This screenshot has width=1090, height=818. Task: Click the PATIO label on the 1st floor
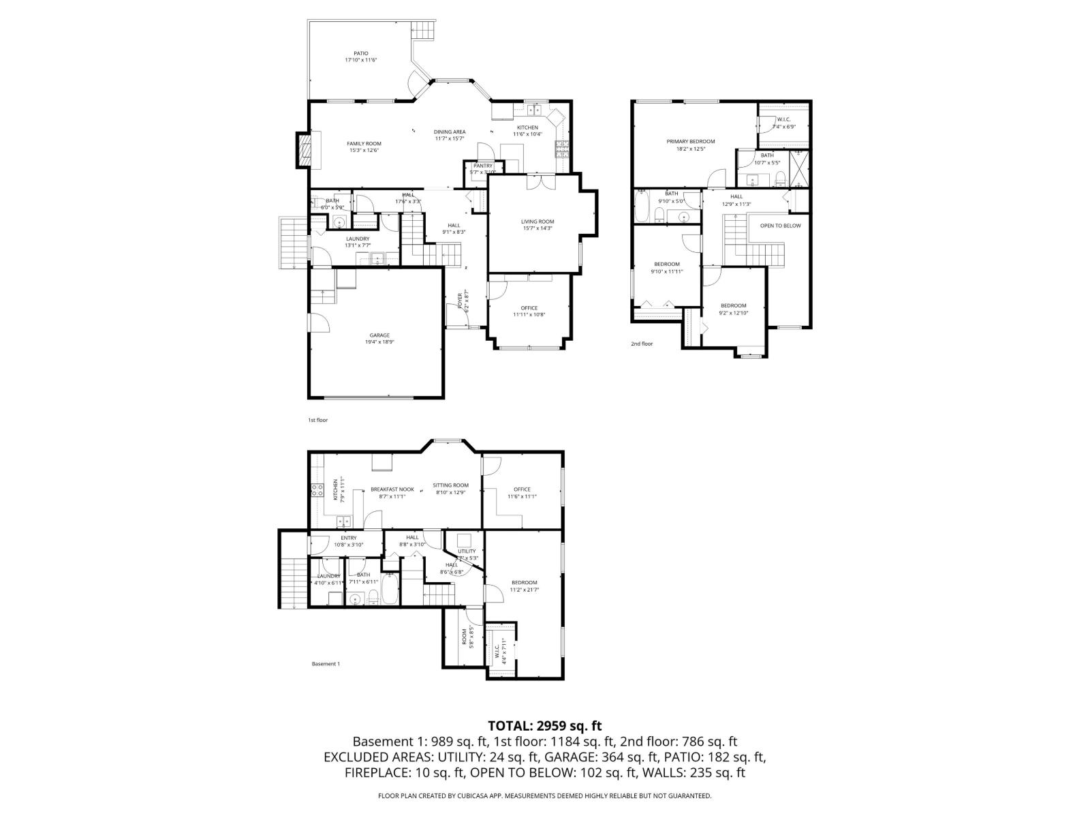tap(360, 53)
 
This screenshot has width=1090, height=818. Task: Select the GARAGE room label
tap(379, 335)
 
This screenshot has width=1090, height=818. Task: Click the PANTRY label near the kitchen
tap(483, 166)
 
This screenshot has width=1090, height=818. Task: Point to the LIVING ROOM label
tap(538, 222)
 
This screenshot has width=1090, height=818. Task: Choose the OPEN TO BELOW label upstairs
tap(780, 226)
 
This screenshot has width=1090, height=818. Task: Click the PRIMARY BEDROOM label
tap(690, 141)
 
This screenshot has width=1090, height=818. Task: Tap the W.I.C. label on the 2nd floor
tap(783, 119)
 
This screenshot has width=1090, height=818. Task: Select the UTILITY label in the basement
tap(467, 551)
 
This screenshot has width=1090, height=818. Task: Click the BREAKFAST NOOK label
tap(392, 489)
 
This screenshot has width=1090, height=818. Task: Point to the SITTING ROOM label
tap(450, 485)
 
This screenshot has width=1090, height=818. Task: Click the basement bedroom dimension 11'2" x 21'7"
tap(525, 590)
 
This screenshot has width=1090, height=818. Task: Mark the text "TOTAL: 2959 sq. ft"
tap(545, 725)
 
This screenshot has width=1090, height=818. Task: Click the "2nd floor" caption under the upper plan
tap(641, 344)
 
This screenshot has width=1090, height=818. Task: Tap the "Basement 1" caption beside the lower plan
tap(325, 664)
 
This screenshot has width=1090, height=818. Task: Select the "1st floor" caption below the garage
tap(317, 420)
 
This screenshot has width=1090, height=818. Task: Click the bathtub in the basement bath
tap(390, 590)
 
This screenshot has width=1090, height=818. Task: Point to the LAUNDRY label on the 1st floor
tap(357, 239)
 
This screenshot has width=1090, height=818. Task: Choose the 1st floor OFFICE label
tap(529, 308)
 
